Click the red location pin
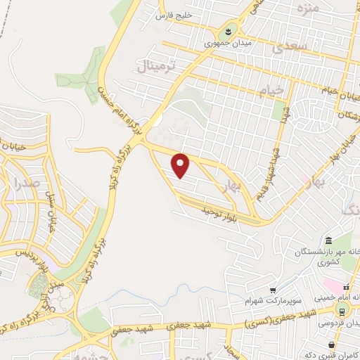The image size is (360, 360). pos(181,166)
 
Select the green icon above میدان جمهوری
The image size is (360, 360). pos(229,31)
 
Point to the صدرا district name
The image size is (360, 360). pos(27,184)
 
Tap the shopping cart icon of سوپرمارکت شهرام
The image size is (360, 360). pos(273,289)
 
